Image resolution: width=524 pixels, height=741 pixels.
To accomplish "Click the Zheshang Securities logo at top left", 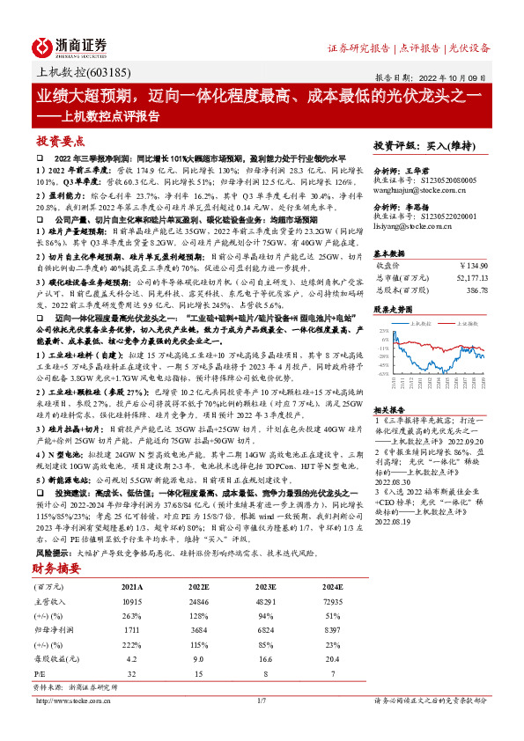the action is click(x=70, y=47).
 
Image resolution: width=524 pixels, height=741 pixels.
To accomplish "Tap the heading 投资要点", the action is click(x=61, y=141).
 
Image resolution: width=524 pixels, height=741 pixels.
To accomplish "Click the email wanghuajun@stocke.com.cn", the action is click(x=414, y=187).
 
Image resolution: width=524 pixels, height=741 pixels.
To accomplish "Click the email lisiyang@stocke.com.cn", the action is click(x=410, y=226).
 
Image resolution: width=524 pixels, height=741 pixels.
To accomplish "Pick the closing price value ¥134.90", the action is click(x=475, y=262).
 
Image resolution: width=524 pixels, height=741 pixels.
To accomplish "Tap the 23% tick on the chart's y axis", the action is click(x=384, y=331).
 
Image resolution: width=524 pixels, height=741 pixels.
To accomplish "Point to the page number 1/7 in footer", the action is click(x=261, y=701).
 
